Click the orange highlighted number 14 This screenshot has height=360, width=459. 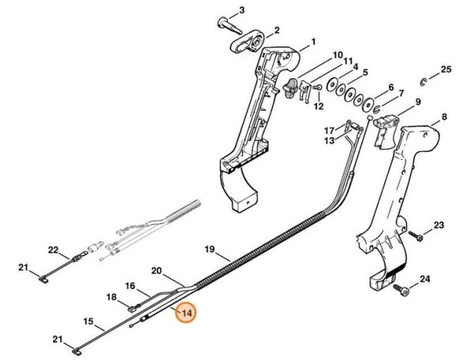pyautogui.click(x=188, y=313)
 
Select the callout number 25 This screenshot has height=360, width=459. pyautogui.click(x=445, y=70)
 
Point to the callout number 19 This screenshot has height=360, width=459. pyautogui.click(x=210, y=250)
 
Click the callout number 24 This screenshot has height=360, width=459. pyautogui.click(x=424, y=279)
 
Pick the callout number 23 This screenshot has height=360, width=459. pyautogui.click(x=439, y=226)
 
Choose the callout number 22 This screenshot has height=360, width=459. pyautogui.click(x=54, y=250)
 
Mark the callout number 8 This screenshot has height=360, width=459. pyautogui.click(x=444, y=117)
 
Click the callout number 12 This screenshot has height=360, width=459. pyautogui.click(x=319, y=106)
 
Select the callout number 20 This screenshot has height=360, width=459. pyautogui.click(x=157, y=271)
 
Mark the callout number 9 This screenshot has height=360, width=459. pyautogui.click(x=417, y=102)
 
